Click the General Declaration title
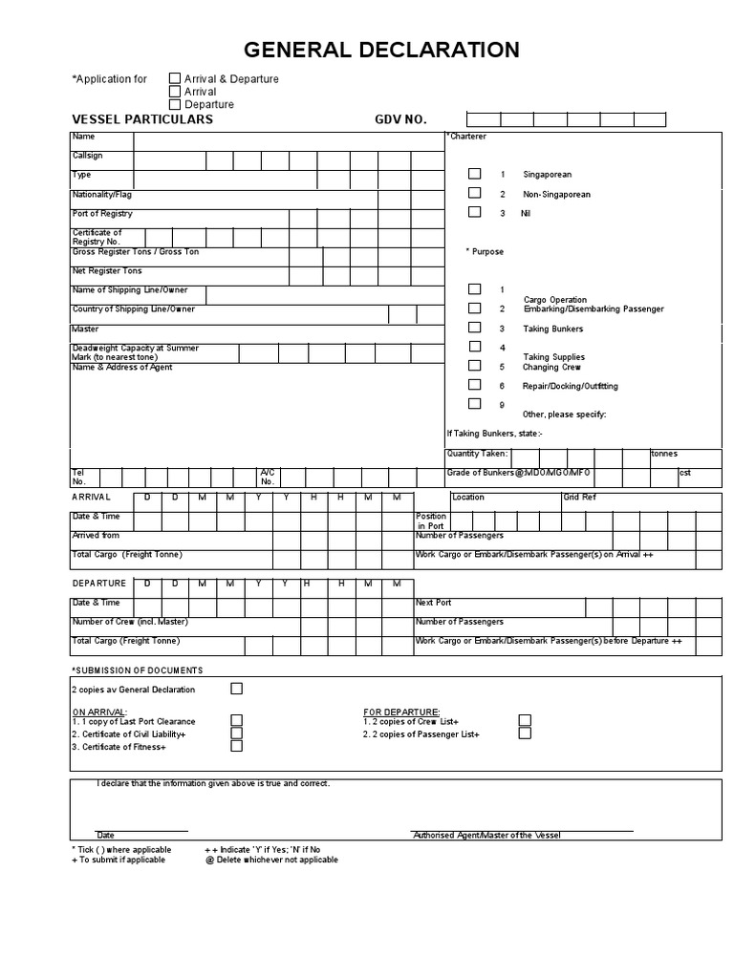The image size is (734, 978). tap(381, 51)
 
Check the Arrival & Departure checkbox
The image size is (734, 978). tap(175, 79)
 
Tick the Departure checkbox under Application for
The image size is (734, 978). tap(175, 104)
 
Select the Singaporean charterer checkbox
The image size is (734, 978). tap(474, 175)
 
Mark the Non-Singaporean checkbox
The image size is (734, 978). tap(474, 194)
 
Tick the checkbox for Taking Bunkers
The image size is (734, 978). tap(474, 328)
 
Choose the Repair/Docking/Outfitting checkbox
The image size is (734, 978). tap(474, 385)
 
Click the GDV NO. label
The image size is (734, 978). tap(400, 120)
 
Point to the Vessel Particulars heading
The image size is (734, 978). tap(142, 120)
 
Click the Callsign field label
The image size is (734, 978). tap(87, 156)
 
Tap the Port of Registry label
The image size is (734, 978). tap(102, 214)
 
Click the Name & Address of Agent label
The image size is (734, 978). tap(122, 368)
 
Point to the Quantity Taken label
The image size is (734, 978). tap(477, 455)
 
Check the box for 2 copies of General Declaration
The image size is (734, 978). tap(236, 689)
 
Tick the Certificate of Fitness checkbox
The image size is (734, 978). tap(236, 746)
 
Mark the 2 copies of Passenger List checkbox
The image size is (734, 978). tap(525, 733)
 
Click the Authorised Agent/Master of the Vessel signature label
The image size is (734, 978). tap(487, 836)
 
